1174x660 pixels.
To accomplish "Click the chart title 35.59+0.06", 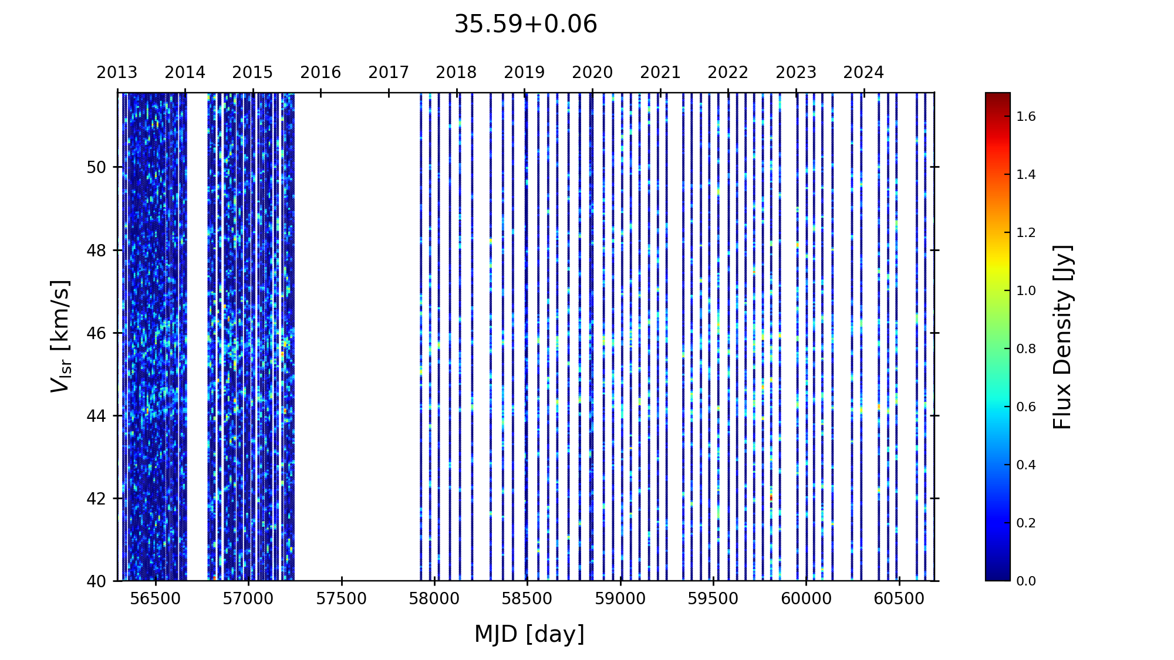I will [525, 25].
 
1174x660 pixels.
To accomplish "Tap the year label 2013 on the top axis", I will [117, 73].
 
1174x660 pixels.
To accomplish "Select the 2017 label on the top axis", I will [389, 73].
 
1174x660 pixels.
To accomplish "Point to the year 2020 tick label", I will [592, 73].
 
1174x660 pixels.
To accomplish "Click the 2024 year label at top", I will [863, 73].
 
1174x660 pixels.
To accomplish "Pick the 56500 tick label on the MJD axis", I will [156, 599].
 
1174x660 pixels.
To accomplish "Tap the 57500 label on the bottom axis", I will [342, 599].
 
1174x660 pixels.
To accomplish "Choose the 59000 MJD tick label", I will [620, 599].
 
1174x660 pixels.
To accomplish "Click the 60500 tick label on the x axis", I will [899, 599].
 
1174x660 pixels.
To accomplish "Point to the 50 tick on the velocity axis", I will [96, 167].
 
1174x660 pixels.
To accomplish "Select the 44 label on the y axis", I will [96, 416].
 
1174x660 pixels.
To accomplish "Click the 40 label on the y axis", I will [96, 581].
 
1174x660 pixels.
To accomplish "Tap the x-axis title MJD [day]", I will [529, 634].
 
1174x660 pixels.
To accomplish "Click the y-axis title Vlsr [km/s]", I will [60, 336].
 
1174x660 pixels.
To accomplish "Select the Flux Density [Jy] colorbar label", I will [1062, 337].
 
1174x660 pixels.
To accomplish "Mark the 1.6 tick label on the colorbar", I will [1026, 117].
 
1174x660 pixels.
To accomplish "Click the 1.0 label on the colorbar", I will [1026, 291].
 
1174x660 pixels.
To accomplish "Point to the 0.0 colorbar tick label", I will [1026, 581].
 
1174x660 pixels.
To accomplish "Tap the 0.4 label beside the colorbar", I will [1026, 465].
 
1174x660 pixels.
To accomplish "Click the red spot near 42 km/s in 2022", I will [771, 498].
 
